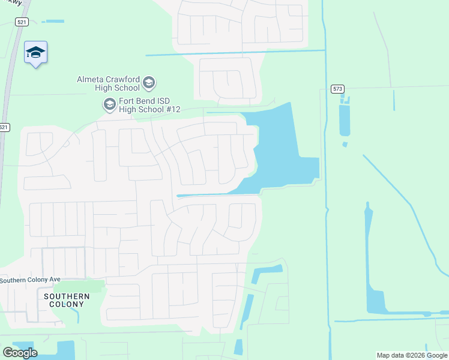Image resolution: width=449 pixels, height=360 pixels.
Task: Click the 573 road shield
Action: [x=338, y=89]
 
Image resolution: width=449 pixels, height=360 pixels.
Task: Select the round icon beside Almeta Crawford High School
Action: [x=149, y=82]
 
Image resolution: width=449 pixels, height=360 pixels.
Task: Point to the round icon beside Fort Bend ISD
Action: [x=109, y=105]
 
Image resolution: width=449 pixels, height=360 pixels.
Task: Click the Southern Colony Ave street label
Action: [x=30, y=280]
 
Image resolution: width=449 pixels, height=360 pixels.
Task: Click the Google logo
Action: [x=20, y=352]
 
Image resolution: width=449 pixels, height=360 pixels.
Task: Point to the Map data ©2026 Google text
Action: [x=412, y=355]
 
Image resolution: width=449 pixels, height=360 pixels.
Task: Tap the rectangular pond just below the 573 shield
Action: [x=344, y=120]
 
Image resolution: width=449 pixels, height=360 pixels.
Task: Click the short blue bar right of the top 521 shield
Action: [x=54, y=22]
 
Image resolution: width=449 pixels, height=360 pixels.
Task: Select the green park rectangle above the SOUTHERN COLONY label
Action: [x=80, y=286]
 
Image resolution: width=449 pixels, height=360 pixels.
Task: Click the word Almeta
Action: [x=90, y=79]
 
